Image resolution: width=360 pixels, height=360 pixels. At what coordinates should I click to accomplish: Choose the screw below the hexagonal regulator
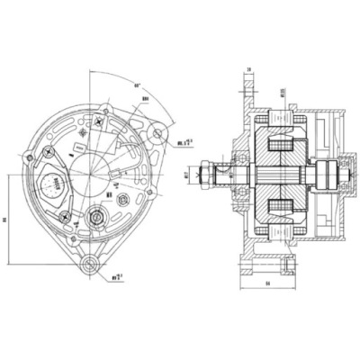pos(63,215)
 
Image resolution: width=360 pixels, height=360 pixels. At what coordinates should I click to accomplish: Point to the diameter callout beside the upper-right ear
pos(187,140)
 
